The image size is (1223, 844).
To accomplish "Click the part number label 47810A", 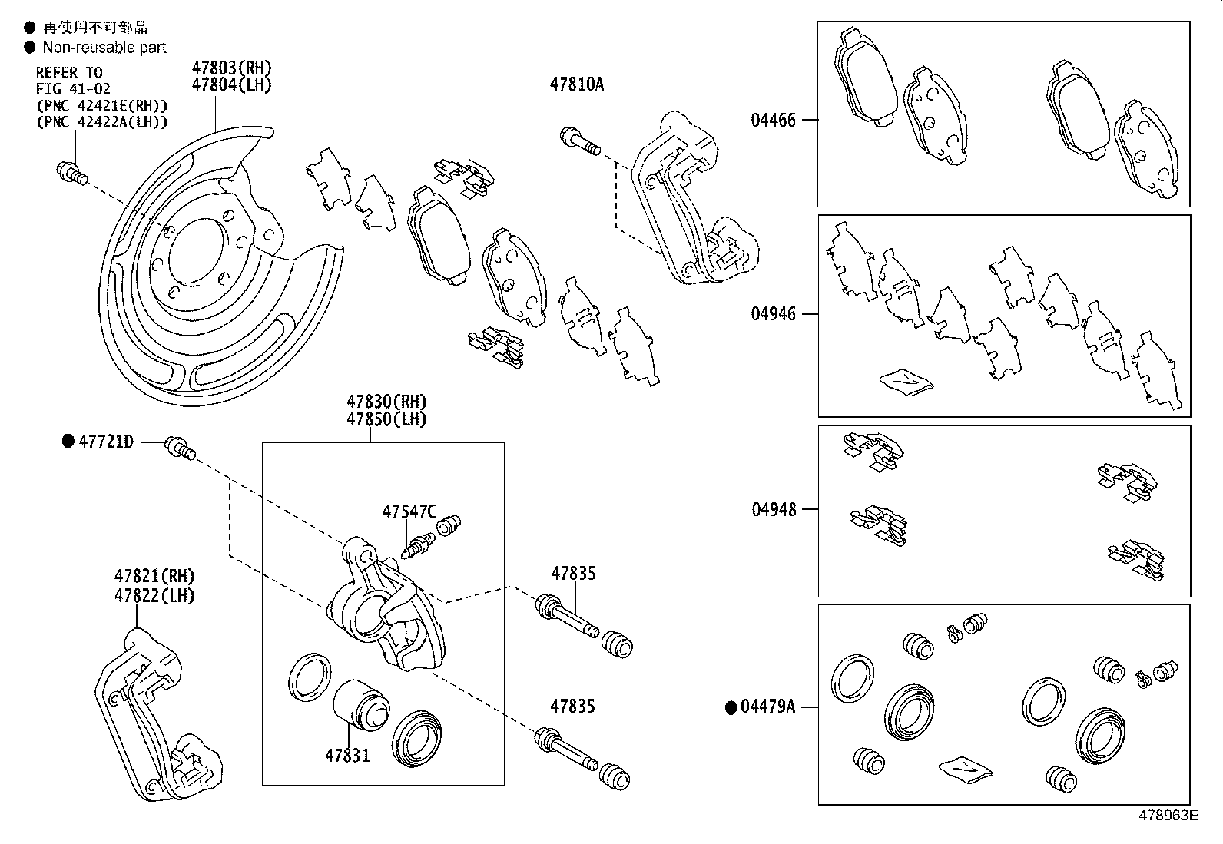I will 576,84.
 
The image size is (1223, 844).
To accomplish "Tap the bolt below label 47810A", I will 578,142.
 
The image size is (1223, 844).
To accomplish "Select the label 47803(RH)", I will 231,68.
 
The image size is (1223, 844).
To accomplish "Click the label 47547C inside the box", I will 409,512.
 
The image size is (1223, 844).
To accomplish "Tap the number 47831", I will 347,755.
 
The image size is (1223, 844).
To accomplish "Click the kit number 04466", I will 774,120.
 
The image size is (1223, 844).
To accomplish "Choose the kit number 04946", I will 774,314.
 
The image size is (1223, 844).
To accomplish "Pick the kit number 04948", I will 774,509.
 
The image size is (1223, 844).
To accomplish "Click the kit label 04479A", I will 767,707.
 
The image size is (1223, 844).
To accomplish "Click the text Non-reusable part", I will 104,48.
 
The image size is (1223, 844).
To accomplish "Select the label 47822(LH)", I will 154,595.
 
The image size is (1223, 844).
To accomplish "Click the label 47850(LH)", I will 386,419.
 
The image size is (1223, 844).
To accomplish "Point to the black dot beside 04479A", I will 731,707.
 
